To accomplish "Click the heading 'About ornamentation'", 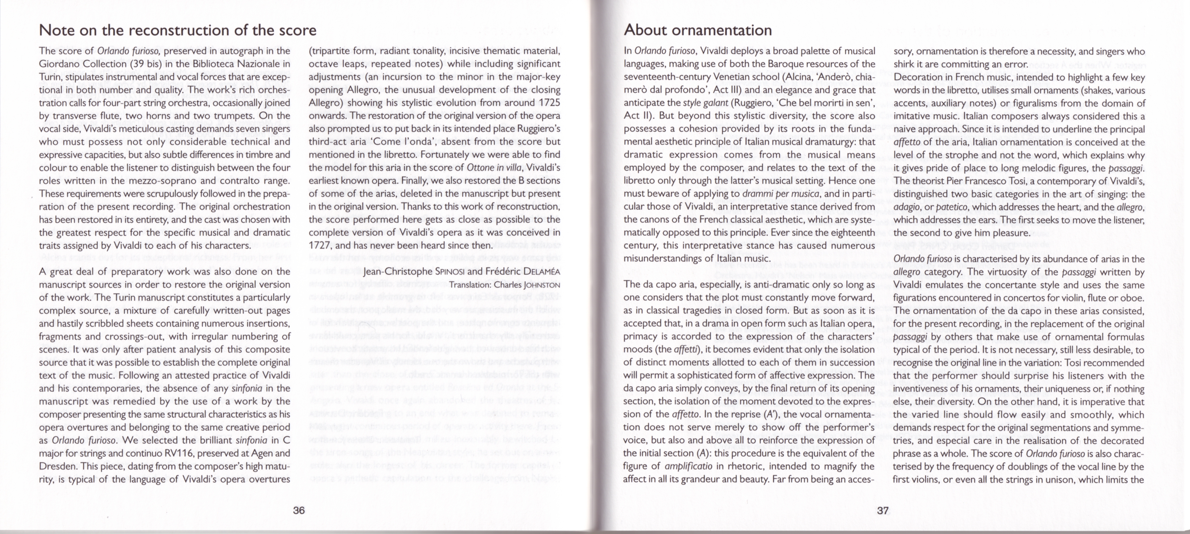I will [x=698, y=30].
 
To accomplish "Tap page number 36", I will [x=299, y=510].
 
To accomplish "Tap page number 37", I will [x=883, y=510].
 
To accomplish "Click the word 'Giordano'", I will [x=59, y=64].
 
